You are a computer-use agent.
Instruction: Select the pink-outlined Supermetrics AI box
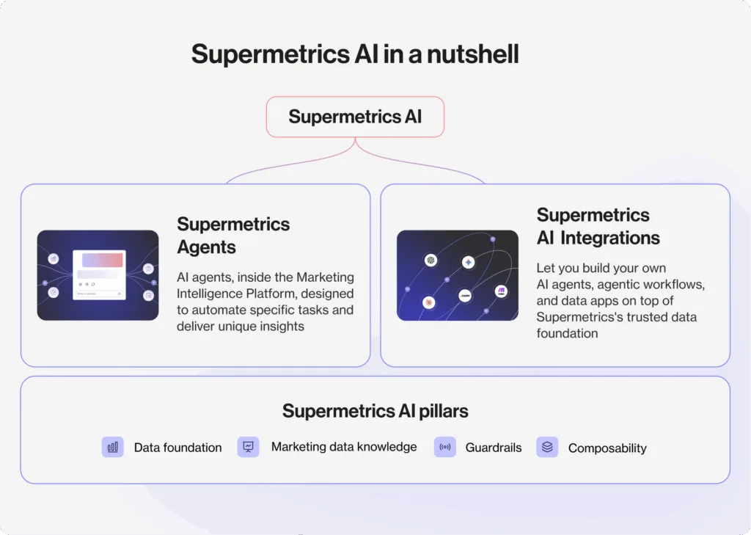(x=355, y=117)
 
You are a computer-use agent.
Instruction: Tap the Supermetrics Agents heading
(x=233, y=236)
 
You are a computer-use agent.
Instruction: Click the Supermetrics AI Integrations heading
(x=598, y=226)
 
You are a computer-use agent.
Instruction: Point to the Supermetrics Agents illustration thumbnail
(x=98, y=275)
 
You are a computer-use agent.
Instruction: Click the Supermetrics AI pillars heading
(x=375, y=411)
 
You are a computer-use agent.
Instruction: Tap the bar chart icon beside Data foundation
(x=112, y=447)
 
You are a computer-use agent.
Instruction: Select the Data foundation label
(x=177, y=448)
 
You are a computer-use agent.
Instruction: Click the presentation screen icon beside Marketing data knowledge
(x=248, y=447)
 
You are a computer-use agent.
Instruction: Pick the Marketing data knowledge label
(x=343, y=446)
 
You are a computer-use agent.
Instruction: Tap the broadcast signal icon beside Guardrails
(x=444, y=447)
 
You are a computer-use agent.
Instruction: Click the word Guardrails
(x=494, y=448)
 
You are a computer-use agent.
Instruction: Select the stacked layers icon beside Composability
(x=546, y=447)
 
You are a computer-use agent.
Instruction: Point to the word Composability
(x=607, y=448)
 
